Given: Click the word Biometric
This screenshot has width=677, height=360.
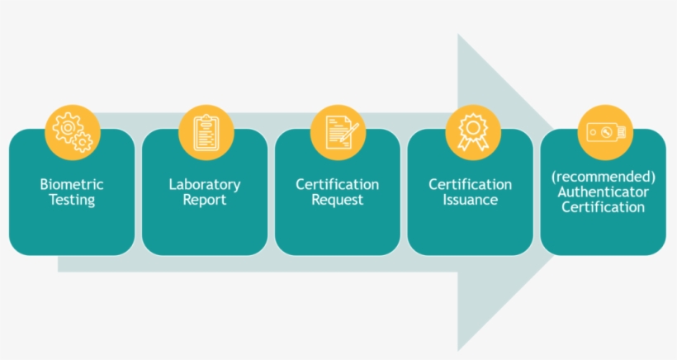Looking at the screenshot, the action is point(72,184).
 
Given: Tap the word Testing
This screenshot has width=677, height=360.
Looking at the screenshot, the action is point(72,200).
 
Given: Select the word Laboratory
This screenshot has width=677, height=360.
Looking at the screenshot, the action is point(205,185).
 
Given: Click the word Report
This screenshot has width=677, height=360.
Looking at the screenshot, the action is point(205,200).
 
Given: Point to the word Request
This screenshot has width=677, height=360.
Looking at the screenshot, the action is point(337,200).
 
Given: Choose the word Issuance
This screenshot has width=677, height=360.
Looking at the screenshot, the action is point(471,200).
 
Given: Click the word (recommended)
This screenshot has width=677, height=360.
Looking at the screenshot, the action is point(604,177).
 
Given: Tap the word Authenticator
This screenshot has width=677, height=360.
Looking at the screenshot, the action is point(604,192).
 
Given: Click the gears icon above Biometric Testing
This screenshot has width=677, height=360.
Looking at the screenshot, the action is point(73,132).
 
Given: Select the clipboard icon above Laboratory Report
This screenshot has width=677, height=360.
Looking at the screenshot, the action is point(206,132).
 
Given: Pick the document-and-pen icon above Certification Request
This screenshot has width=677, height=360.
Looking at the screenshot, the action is point(342,132).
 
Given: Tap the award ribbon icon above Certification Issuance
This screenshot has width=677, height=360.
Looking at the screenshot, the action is point(473,132).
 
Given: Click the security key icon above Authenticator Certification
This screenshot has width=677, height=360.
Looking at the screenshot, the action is point(606,132).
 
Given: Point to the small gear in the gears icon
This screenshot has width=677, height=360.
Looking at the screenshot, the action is point(82,142).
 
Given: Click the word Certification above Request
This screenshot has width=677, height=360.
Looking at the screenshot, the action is point(337,184).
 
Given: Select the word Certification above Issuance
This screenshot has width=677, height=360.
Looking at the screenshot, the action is point(471,184).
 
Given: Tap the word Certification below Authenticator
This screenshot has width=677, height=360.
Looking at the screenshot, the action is point(604,207).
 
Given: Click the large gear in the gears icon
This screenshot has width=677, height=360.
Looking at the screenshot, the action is point(68,127).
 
